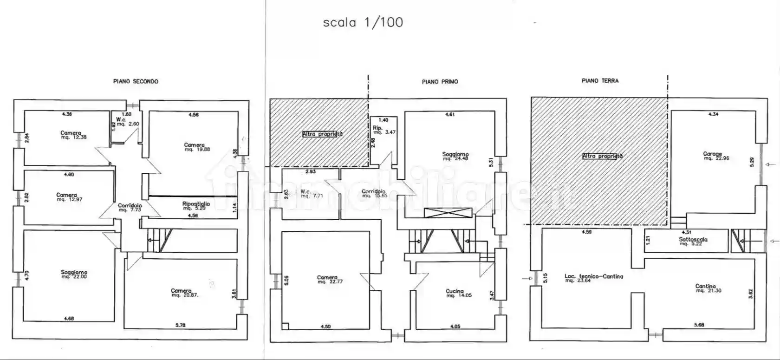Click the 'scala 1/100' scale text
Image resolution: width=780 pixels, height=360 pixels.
[x=363, y=22]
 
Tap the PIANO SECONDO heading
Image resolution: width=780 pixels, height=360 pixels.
[x=136, y=81]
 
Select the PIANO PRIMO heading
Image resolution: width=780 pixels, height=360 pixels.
[x=440, y=82]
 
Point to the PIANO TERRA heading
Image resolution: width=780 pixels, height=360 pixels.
[x=600, y=81]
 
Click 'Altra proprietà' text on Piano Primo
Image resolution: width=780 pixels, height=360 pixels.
[x=322, y=134]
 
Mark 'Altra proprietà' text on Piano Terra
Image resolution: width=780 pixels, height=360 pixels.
[x=602, y=157]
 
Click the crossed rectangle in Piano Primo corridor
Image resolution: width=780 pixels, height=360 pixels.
[x=448, y=214]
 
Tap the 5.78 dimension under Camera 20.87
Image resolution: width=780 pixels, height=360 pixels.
[x=180, y=326]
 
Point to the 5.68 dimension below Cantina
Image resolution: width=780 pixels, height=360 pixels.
[x=699, y=325]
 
